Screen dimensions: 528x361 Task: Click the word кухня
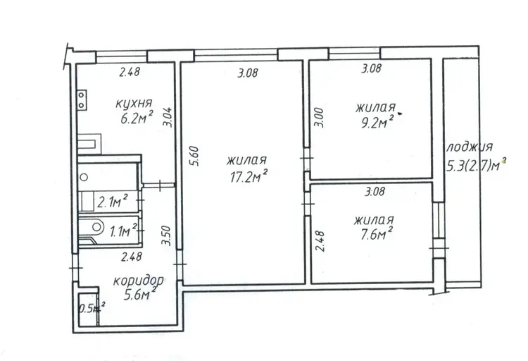point(134,104)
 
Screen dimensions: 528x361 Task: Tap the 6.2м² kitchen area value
point(137,118)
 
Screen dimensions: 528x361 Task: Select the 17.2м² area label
point(249,176)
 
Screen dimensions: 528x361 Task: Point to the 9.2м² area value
point(377,122)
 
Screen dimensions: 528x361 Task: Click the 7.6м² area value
point(376,234)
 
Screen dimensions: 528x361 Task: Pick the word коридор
point(139,281)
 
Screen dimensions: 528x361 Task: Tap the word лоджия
point(469,147)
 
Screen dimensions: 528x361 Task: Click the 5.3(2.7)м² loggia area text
point(476,165)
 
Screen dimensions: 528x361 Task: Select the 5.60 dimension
point(196,156)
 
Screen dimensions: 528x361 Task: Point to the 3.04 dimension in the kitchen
point(168,117)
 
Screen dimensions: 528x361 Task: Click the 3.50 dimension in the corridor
point(166,235)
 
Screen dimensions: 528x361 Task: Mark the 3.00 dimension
point(318,118)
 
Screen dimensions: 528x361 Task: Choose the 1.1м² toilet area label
point(123,231)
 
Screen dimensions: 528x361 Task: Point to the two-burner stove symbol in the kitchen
point(82,100)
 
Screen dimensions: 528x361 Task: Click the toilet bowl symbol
point(95,226)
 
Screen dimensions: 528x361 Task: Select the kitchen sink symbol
point(89,144)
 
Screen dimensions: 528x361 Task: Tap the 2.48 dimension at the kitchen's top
point(130,71)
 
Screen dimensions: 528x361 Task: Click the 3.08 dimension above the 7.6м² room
point(375,192)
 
